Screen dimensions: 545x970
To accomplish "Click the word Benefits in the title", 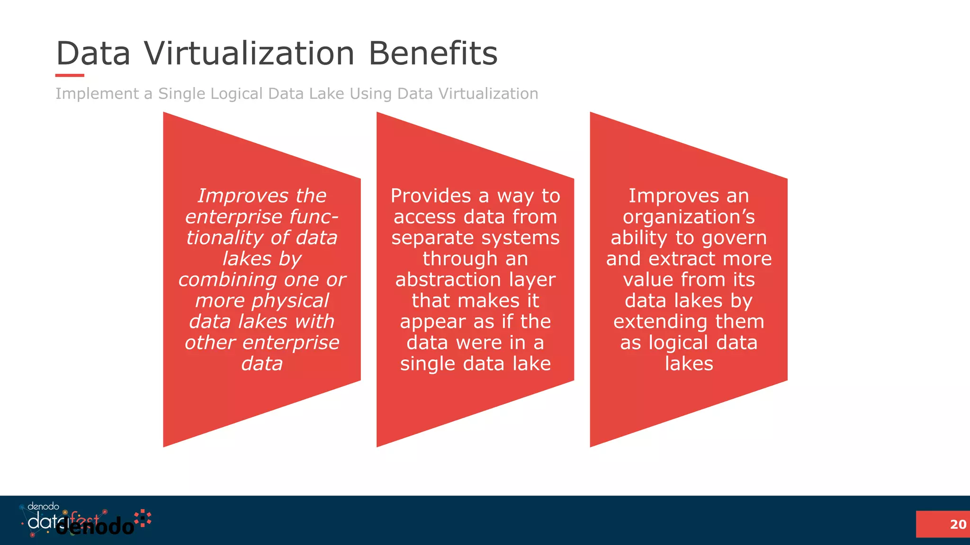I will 433,53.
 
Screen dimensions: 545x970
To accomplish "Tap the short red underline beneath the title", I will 70,75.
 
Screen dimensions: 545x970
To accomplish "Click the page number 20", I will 958,524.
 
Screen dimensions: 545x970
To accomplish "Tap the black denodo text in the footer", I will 95,527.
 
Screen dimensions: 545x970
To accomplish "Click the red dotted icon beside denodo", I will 143,518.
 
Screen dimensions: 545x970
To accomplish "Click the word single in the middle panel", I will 428,363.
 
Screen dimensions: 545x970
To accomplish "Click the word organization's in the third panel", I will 689,217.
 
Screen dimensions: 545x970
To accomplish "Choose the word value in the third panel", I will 647,280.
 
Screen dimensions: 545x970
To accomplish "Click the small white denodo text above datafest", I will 43,507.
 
